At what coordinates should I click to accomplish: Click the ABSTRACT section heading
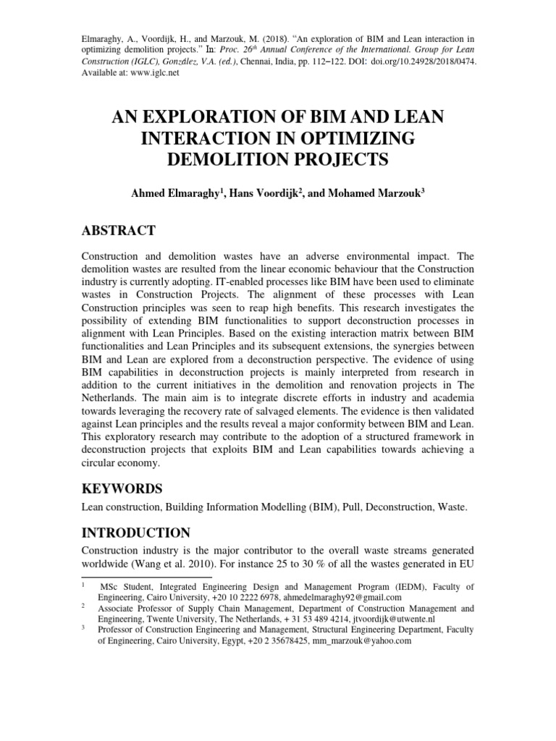[119, 231]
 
